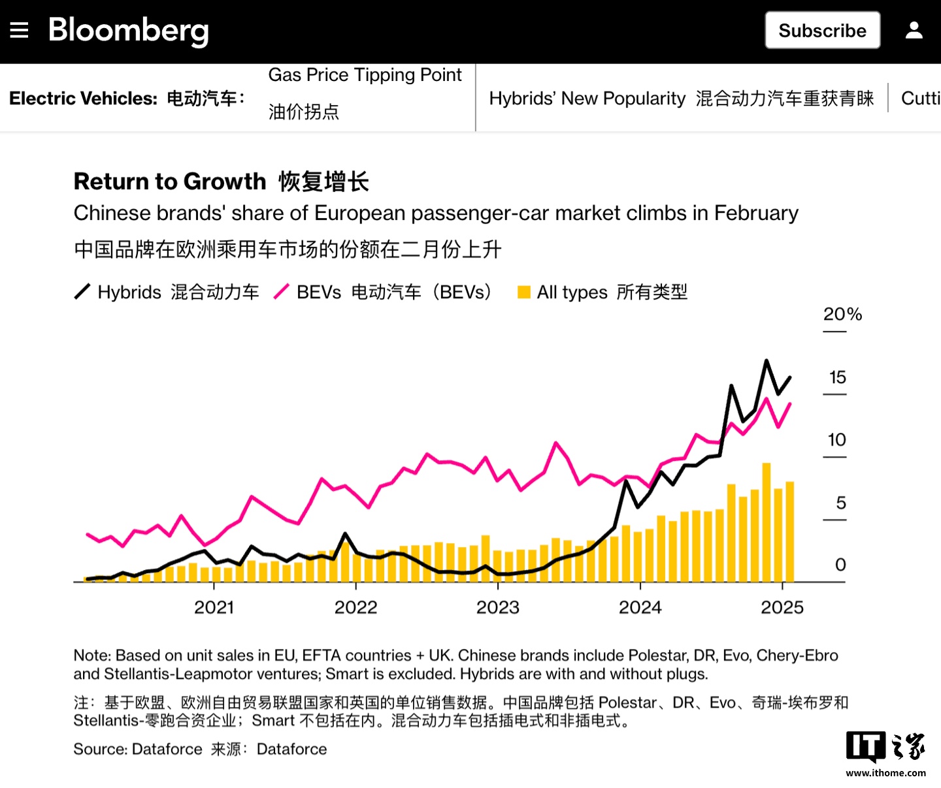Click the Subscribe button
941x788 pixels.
(822, 31)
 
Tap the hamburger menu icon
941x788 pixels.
(20, 30)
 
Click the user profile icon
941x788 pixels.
(914, 30)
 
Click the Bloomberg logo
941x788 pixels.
(129, 30)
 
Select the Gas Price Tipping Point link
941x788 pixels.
(365, 75)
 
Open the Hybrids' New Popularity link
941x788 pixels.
(587, 99)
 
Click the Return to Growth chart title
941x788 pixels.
(170, 181)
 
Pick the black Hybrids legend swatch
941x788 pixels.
(82, 292)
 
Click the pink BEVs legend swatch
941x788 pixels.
(281, 292)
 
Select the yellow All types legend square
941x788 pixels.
(523, 292)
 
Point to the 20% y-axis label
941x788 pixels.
(842, 314)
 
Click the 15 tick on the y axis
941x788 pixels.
(837, 377)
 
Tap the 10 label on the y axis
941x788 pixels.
(836, 440)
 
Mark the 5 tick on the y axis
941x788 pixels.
(840, 503)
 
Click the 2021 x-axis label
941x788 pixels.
(214, 608)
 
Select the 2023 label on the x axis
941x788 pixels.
(497, 608)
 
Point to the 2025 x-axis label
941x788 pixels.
(782, 608)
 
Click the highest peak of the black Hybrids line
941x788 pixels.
(767, 361)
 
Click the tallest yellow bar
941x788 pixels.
(767, 522)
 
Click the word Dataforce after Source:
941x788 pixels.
(167, 749)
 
